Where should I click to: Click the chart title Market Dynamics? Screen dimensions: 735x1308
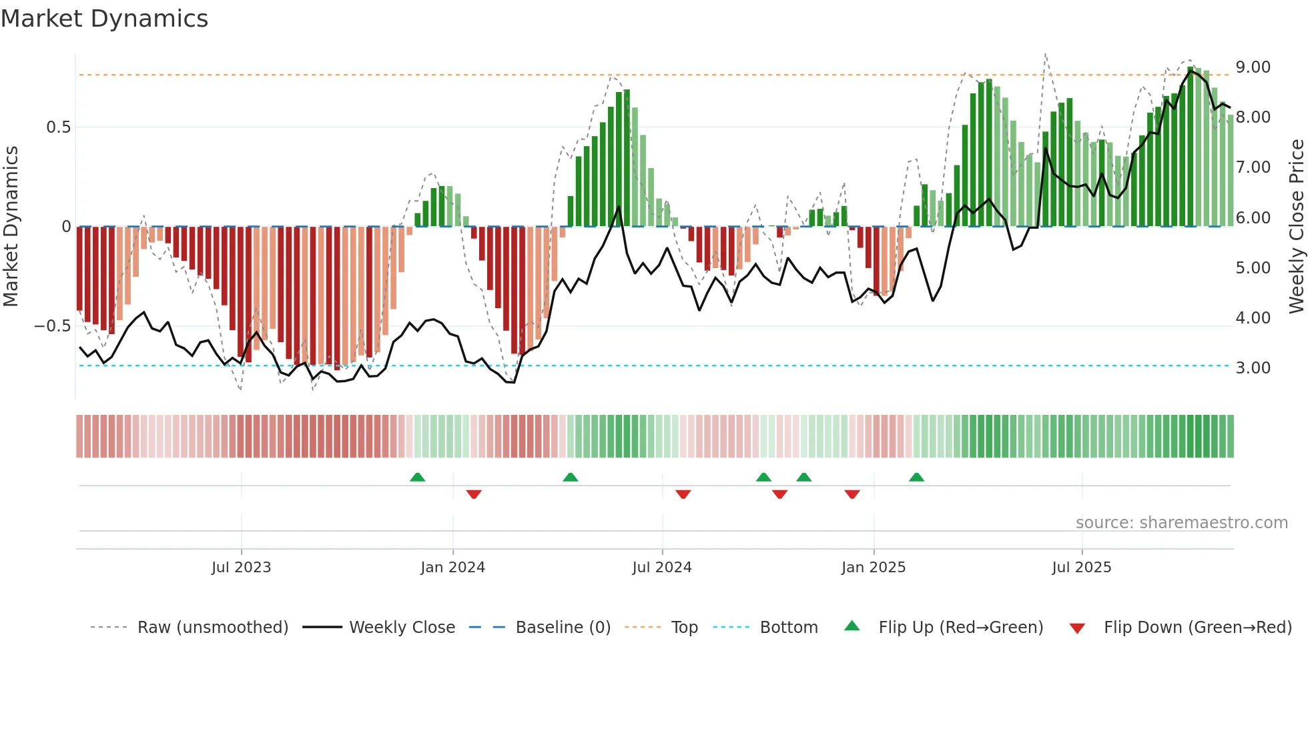[x=104, y=19]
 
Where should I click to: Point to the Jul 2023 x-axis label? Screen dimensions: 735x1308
[x=241, y=568]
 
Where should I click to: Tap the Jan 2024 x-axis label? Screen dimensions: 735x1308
[x=452, y=568]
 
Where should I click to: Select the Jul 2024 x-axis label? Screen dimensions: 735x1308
[x=661, y=568]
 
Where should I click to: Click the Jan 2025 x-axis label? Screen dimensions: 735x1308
[x=873, y=568]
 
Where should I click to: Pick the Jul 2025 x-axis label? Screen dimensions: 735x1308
[x=1081, y=568]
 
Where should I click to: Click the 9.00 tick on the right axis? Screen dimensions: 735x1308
[x=1253, y=67]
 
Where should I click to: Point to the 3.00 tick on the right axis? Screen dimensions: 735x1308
[x=1253, y=368]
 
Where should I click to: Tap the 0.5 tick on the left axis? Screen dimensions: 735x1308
[x=58, y=127]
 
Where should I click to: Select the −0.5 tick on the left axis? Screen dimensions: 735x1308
[x=53, y=326]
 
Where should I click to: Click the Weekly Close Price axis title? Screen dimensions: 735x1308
[x=1296, y=226]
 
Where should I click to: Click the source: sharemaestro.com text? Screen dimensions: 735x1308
[x=1181, y=523]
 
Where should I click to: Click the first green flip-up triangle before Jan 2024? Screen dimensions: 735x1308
[x=417, y=477]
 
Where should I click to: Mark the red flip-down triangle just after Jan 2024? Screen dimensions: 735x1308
[x=474, y=494]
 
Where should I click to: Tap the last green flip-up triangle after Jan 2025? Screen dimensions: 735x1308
[x=916, y=477]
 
